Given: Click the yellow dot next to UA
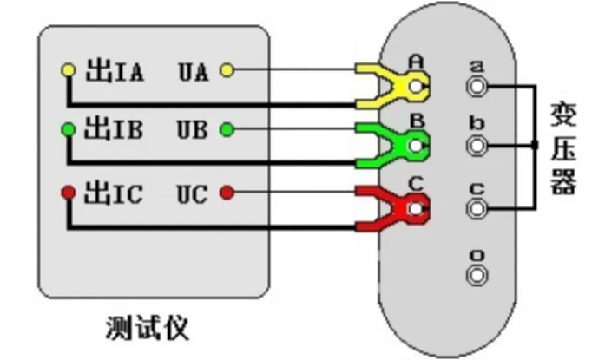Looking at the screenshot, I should (x=227, y=70).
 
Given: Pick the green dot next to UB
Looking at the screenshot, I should (x=227, y=130).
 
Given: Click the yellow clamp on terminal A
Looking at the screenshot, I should (x=395, y=85).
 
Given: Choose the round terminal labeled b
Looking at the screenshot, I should (x=477, y=146).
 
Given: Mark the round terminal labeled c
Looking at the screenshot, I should (x=477, y=207).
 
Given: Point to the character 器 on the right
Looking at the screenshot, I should (x=563, y=183).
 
